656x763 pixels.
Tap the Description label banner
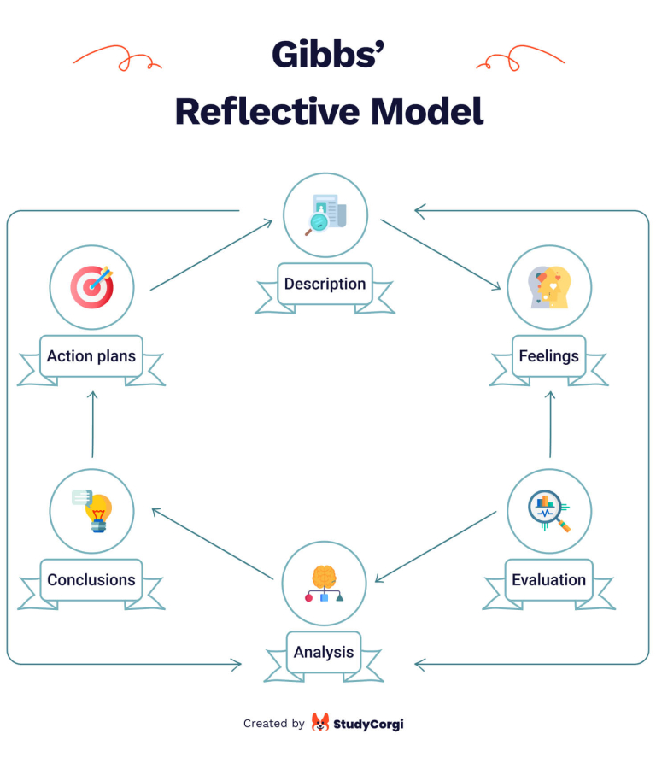(x=325, y=285)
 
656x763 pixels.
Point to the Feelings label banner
(x=548, y=356)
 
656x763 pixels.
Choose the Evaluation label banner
(x=548, y=580)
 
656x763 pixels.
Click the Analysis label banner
(x=324, y=653)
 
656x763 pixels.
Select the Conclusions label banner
(x=91, y=580)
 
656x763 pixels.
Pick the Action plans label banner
(x=91, y=356)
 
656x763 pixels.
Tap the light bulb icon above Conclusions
(x=93, y=510)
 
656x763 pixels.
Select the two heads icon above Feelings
(x=548, y=287)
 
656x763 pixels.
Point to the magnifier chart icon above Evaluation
(x=548, y=511)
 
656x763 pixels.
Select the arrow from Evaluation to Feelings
(x=550, y=424)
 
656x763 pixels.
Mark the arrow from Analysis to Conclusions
(x=214, y=543)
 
